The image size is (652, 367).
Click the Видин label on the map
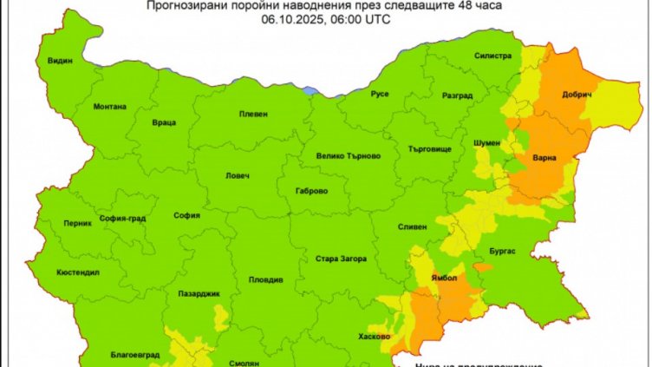[x=60, y=62]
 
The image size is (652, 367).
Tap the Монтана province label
[x=109, y=107]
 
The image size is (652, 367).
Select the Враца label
[x=164, y=123]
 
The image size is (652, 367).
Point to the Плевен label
[x=255, y=114]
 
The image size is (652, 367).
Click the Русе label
[x=379, y=93]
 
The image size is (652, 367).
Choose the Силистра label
[x=492, y=55]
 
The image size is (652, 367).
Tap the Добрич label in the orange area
[x=577, y=95]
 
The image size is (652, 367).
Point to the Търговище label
[x=426, y=148]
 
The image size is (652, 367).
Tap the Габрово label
[x=311, y=190]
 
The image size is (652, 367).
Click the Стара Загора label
[x=341, y=259]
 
